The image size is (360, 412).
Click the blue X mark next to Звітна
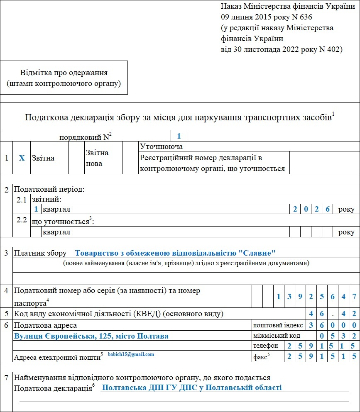(22, 158)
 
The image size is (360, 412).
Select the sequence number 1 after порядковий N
(179, 136)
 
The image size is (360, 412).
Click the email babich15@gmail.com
(131, 354)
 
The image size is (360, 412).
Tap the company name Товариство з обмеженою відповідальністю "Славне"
(176, 253)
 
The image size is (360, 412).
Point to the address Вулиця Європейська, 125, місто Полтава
(91, 336)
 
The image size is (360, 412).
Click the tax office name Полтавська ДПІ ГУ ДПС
(192, 388)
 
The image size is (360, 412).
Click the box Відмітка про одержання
(64, 78)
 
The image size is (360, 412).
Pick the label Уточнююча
(162, 146)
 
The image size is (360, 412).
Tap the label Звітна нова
(97, 158)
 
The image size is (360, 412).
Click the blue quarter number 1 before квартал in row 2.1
(37, 209)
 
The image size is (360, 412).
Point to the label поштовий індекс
(278, 325)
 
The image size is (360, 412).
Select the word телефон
(265, 346)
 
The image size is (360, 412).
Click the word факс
(260, 356)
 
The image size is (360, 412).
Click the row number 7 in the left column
(6, 378)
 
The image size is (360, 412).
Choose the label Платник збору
(40, 253)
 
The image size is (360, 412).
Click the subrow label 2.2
(22, 219)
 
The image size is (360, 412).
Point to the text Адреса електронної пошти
(57, 356)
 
